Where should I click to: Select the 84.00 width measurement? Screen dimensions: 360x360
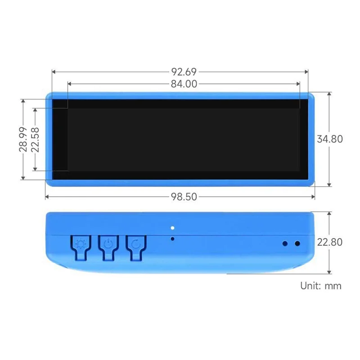click(x=184, y=84)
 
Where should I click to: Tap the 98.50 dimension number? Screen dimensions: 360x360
click(x=184, y=197)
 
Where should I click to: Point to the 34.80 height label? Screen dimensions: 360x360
click(x=330, y=139)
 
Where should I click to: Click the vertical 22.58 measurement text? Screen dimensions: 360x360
click(x=36, y=139)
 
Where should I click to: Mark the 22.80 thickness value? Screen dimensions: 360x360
click(x=330, y=242)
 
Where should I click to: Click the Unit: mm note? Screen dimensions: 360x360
click(x=321, y=286)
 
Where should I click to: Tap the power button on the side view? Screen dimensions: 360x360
click(x=108, y=245)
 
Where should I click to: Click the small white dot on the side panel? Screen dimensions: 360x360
click(x=172, y=228)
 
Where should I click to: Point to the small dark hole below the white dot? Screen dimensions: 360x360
click(x=172, y=238)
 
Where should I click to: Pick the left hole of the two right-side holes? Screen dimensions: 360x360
click(x=285, y=243)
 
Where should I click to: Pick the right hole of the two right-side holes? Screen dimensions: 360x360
click(x=297, y=243)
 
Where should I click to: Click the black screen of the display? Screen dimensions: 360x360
click(x=180, y=139)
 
